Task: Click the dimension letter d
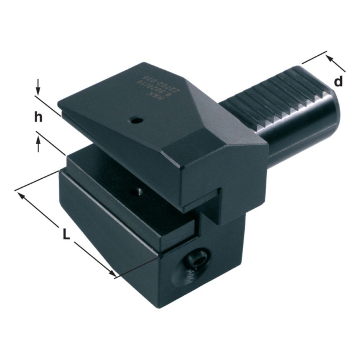(339, 82)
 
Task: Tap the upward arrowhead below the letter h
(39, 140)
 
